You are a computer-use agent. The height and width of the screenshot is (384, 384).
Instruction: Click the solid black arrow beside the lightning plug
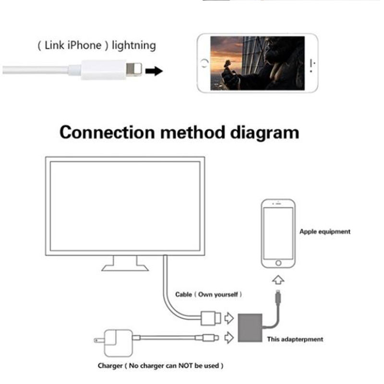pyautogui.click(x=154, y=71)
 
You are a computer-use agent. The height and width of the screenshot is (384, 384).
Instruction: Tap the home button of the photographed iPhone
pyautogui.click(x=204, y=63)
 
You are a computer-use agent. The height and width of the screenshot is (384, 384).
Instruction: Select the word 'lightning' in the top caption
pyautogui.click(x=134, y=46)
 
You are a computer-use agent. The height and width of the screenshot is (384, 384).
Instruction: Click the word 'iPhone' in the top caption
pyautogui.click(x=84, y=45)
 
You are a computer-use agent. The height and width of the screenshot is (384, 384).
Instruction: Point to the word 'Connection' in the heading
pyautogui.click(x=107, y=132)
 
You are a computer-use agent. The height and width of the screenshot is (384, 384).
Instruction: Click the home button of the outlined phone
pyautogui.click(x=278, y=263)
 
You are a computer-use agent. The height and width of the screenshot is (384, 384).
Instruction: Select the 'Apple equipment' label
pyautogui.click(x=325, y=232)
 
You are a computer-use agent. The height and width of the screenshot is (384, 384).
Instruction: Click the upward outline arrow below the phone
pyautogui.click(x=278, y=280)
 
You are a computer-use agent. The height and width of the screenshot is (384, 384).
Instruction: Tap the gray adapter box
pyautogui.click(x=250, y=328)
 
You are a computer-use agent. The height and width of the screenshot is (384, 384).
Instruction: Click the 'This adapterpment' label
pyautogui.click(x=295, y=339)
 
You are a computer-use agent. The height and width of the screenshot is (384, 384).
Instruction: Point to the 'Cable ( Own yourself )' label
pyautogui.click(x=208, y=294)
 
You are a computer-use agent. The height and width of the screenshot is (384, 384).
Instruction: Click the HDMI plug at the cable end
pyautogui.click(x=211, y=318)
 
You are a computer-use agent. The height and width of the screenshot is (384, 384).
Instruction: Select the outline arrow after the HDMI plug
pyautogui.click(x=229, y=318)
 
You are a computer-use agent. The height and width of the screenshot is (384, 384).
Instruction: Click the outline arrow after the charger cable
pyautogui.click(x=229, y=337)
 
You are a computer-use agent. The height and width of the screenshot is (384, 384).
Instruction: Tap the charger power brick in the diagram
pyautogui.click(x=119, y=343)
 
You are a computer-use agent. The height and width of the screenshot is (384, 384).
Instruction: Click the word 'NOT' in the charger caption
pyautogui.click(x=185, y=366)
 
